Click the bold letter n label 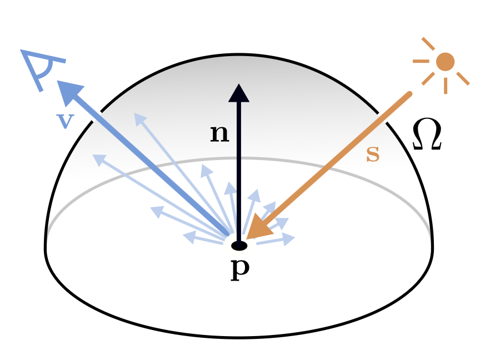[x=219, y=134]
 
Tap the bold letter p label [x=239, y=269]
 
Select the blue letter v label [x=65, y=119]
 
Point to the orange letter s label [x=373, y=154]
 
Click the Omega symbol [x=427, y=136]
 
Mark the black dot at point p [x=239, y=246]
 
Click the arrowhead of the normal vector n [x=239, y=93]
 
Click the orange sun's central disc [x=445, y=62]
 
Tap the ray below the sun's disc [x=445, y=85]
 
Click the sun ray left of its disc [x=421, y=61]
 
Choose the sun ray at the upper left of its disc [x=428, y=43]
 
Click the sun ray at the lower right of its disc [x=463, y=79]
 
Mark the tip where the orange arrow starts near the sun [x=410, y=94]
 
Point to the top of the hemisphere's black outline [x=239, y=55]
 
